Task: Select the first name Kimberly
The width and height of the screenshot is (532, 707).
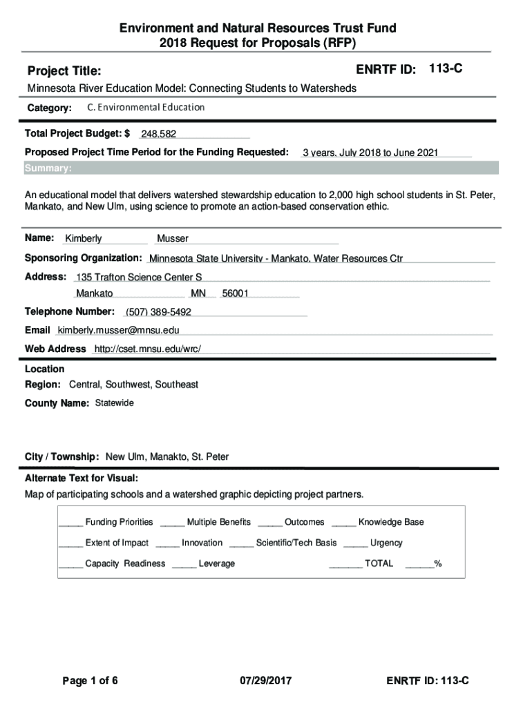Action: pyautogui.click(x=84, y=239)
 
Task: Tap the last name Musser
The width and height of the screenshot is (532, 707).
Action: pyautogui.click(x=173, y=239)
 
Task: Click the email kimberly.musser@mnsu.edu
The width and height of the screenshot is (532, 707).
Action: pyautogui.click(x=119, y=330)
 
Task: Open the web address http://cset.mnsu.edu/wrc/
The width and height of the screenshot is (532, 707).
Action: pyautogui.click(x=147, y=349)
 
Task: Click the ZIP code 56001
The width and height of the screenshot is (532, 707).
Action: pyautogui.click(x=236, y=293)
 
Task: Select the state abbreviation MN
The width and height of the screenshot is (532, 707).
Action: pyautogui.click(x=198, y=293)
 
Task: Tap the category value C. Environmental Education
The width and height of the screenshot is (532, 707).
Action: pyautogui.click(x=146, y=108)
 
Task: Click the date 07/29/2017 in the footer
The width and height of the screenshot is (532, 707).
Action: pyautogui.click(x=266, y=681)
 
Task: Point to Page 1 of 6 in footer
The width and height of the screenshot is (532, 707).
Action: pyautogui.click(x=91, y=681)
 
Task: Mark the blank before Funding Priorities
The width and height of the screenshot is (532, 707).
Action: pyautogui.click(x=70, y=523)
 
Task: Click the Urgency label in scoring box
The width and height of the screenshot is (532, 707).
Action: pyautogui.click(x=386, y=543)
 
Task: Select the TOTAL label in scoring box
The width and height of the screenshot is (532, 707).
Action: pyautogui.click(x=379, y=564)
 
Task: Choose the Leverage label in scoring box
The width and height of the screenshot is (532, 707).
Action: pyautogui.click(x=217, y=564)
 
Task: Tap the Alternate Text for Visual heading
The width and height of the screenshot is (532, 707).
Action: pyautogui.click(x=82, y=478)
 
